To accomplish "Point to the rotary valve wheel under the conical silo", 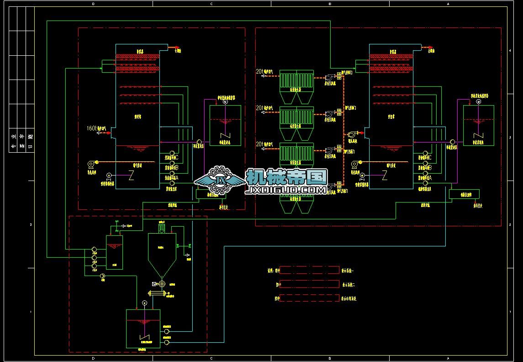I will pos(161,283).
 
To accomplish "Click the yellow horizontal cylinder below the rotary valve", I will pos(161,296).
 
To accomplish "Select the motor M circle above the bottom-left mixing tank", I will pos(144,303).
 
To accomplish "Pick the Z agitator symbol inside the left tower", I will pos(131,175).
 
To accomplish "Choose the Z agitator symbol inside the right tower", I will pos(385,175).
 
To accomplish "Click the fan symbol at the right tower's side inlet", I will pos(352,135).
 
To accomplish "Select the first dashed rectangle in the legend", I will pos(302,270).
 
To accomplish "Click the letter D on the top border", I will pos(93,4).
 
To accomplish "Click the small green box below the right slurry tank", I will pos(464,194).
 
